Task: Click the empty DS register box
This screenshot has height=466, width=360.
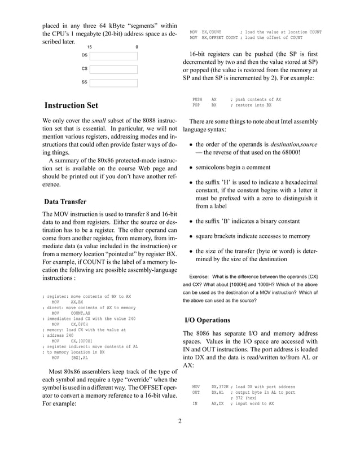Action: coord(113,56)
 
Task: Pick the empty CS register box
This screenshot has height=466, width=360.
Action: coord(113,69)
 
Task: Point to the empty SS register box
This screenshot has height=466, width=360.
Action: coord(113,83)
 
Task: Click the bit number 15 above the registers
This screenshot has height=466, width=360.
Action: coord(89,47)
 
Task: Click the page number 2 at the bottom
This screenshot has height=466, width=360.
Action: coord(179,436)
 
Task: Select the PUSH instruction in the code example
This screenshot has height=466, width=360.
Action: coord(197,99)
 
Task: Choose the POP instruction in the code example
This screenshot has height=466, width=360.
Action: coord(196,105)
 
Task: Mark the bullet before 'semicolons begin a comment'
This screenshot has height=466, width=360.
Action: coord(191,168)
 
